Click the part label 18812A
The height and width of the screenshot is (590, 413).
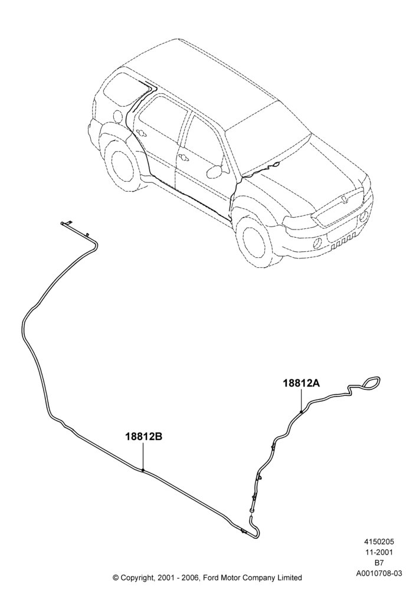301,383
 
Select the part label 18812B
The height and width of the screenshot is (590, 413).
144,437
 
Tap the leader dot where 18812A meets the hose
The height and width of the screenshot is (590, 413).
301,412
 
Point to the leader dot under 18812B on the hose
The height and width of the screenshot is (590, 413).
143,470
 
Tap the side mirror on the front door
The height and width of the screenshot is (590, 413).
214,171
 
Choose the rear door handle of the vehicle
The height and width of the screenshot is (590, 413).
142,132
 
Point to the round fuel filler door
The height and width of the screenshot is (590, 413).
119,116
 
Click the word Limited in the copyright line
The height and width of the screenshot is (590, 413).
289,577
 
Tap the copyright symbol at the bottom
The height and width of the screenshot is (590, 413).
116,577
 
